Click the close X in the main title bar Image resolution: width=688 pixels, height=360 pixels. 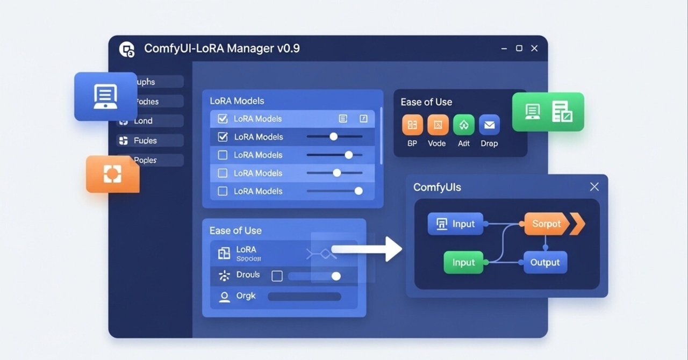tap(534, 48)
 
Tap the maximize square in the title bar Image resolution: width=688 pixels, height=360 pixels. tap(519, 48)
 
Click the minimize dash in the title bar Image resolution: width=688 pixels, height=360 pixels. tap(504, 48)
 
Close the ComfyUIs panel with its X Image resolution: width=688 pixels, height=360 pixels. tap(594, 187)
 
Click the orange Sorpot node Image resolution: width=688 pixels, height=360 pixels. tap(546, 224)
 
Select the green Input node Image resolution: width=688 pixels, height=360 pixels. tap(463, 263)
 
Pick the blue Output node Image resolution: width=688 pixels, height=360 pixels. tap(545, 263)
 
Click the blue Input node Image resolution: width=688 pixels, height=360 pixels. tap(455, 224)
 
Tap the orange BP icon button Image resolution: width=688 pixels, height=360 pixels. tap(412, 125)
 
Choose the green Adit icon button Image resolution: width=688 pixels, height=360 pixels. tap(463, 125)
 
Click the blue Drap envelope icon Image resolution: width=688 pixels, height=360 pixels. tap(489, 125)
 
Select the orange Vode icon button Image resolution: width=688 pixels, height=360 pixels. tap(438, 125)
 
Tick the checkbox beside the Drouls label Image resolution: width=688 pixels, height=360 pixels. tap(277, 276)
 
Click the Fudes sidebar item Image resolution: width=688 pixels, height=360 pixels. tap(145, 141)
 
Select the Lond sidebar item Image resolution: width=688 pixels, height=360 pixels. tap(143, 121)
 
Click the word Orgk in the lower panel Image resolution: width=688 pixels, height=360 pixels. tap(246, 296)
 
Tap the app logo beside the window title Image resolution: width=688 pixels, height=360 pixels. tap(127, 49)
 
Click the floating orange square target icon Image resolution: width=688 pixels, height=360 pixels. tap(112, 174)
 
